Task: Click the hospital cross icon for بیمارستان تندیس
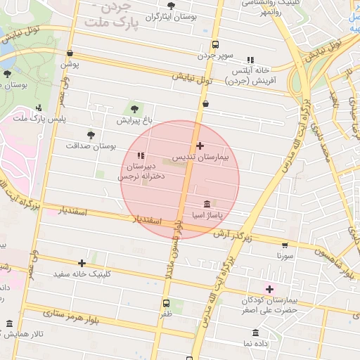(x=200, y=146)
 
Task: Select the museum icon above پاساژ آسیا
(x=205, y=202)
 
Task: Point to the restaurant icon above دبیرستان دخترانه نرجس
(x=141, y=155)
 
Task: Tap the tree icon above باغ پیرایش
(x=134, y=109)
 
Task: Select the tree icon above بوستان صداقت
(x=90, y=134)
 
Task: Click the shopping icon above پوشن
(x=69, y=53)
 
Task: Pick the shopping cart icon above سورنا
(x=284, y=245)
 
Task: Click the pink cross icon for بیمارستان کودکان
(x=269, y=289)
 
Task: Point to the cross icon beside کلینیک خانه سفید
(x=82, y=263)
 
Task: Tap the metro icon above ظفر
(x=167, y=304)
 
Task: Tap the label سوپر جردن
(x=213, y=55)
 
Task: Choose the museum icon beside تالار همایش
(x=9, y=323)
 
